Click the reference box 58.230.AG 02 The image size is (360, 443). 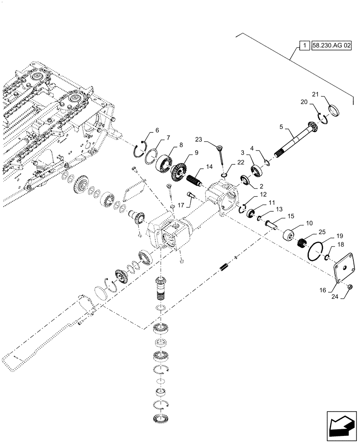[x=331, y=46]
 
